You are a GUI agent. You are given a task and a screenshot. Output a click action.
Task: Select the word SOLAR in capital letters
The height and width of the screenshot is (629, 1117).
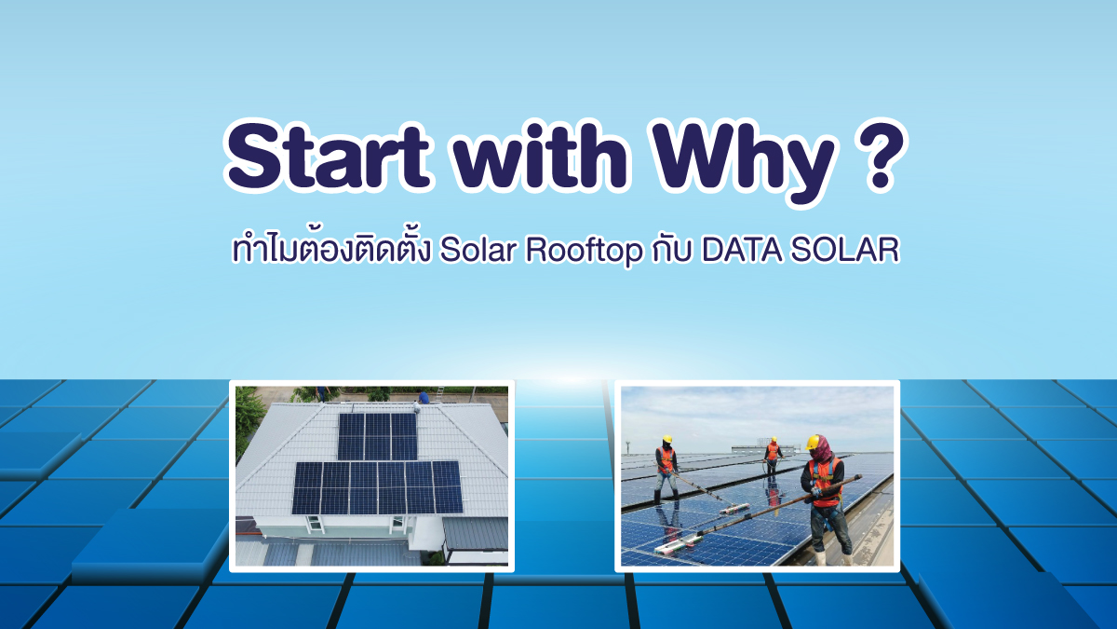click(x=845, y=250)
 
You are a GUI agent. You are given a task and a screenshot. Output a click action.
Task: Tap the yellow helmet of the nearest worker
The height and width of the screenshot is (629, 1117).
click(x=813, y=442)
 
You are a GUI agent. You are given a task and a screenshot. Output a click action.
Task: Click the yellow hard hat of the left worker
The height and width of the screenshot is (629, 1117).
click(x=667, y=439)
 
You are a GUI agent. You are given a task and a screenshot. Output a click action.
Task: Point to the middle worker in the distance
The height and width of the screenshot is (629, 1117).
click(x=772, y=456)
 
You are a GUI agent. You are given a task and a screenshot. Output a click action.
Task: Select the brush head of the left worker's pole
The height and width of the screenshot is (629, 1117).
click(x=734, y=509)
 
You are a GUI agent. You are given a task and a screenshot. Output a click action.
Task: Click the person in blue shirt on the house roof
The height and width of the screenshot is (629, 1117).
click(x=424, y=397)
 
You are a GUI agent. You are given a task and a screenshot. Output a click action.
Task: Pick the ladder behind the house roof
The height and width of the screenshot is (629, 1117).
click(x=440, y=393)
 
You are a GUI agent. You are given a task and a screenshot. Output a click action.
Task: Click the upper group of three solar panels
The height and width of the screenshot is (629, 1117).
click(x=378, y=437)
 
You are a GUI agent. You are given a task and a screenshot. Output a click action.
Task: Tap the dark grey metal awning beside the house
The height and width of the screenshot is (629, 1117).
click(x=476, y=534)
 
